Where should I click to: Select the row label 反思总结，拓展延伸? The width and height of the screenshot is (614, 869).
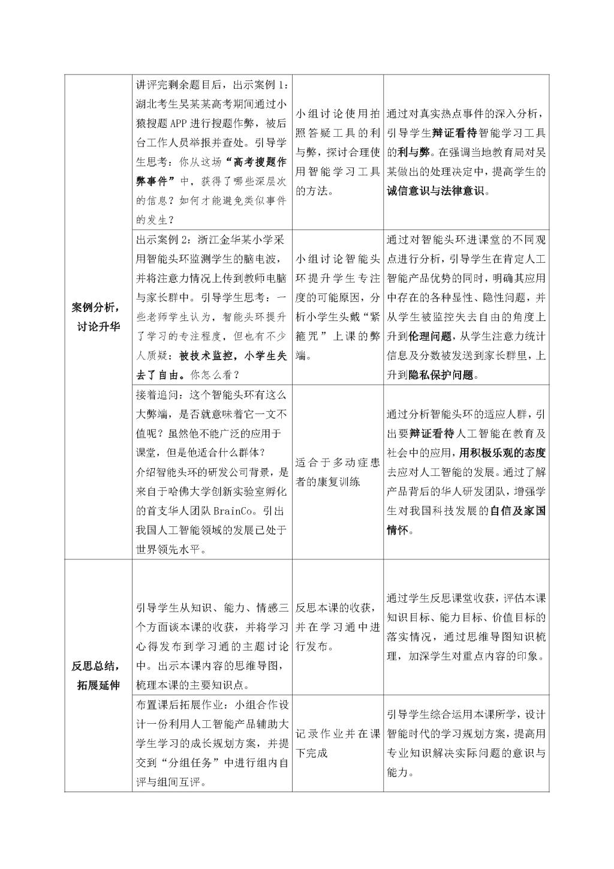click(98, 675)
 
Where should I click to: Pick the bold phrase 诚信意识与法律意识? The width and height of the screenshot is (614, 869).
click(438, 191)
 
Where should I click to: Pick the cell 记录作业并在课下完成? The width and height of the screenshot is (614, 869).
click(338, 743)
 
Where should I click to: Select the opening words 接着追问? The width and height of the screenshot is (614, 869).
click(156, 394)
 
